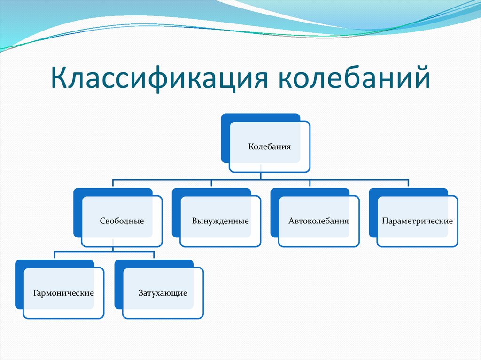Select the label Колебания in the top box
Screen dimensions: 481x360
[269, 146]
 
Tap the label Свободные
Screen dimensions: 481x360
[122, 221]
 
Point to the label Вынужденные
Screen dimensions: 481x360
[220, 221]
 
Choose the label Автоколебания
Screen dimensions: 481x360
[319, 221]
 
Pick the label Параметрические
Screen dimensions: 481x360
[417, 221]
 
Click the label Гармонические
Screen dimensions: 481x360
[63, 293]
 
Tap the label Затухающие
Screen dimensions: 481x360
[163, 293]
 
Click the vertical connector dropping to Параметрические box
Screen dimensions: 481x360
[408, 184]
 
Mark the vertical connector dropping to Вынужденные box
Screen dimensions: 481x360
[211, 184]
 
